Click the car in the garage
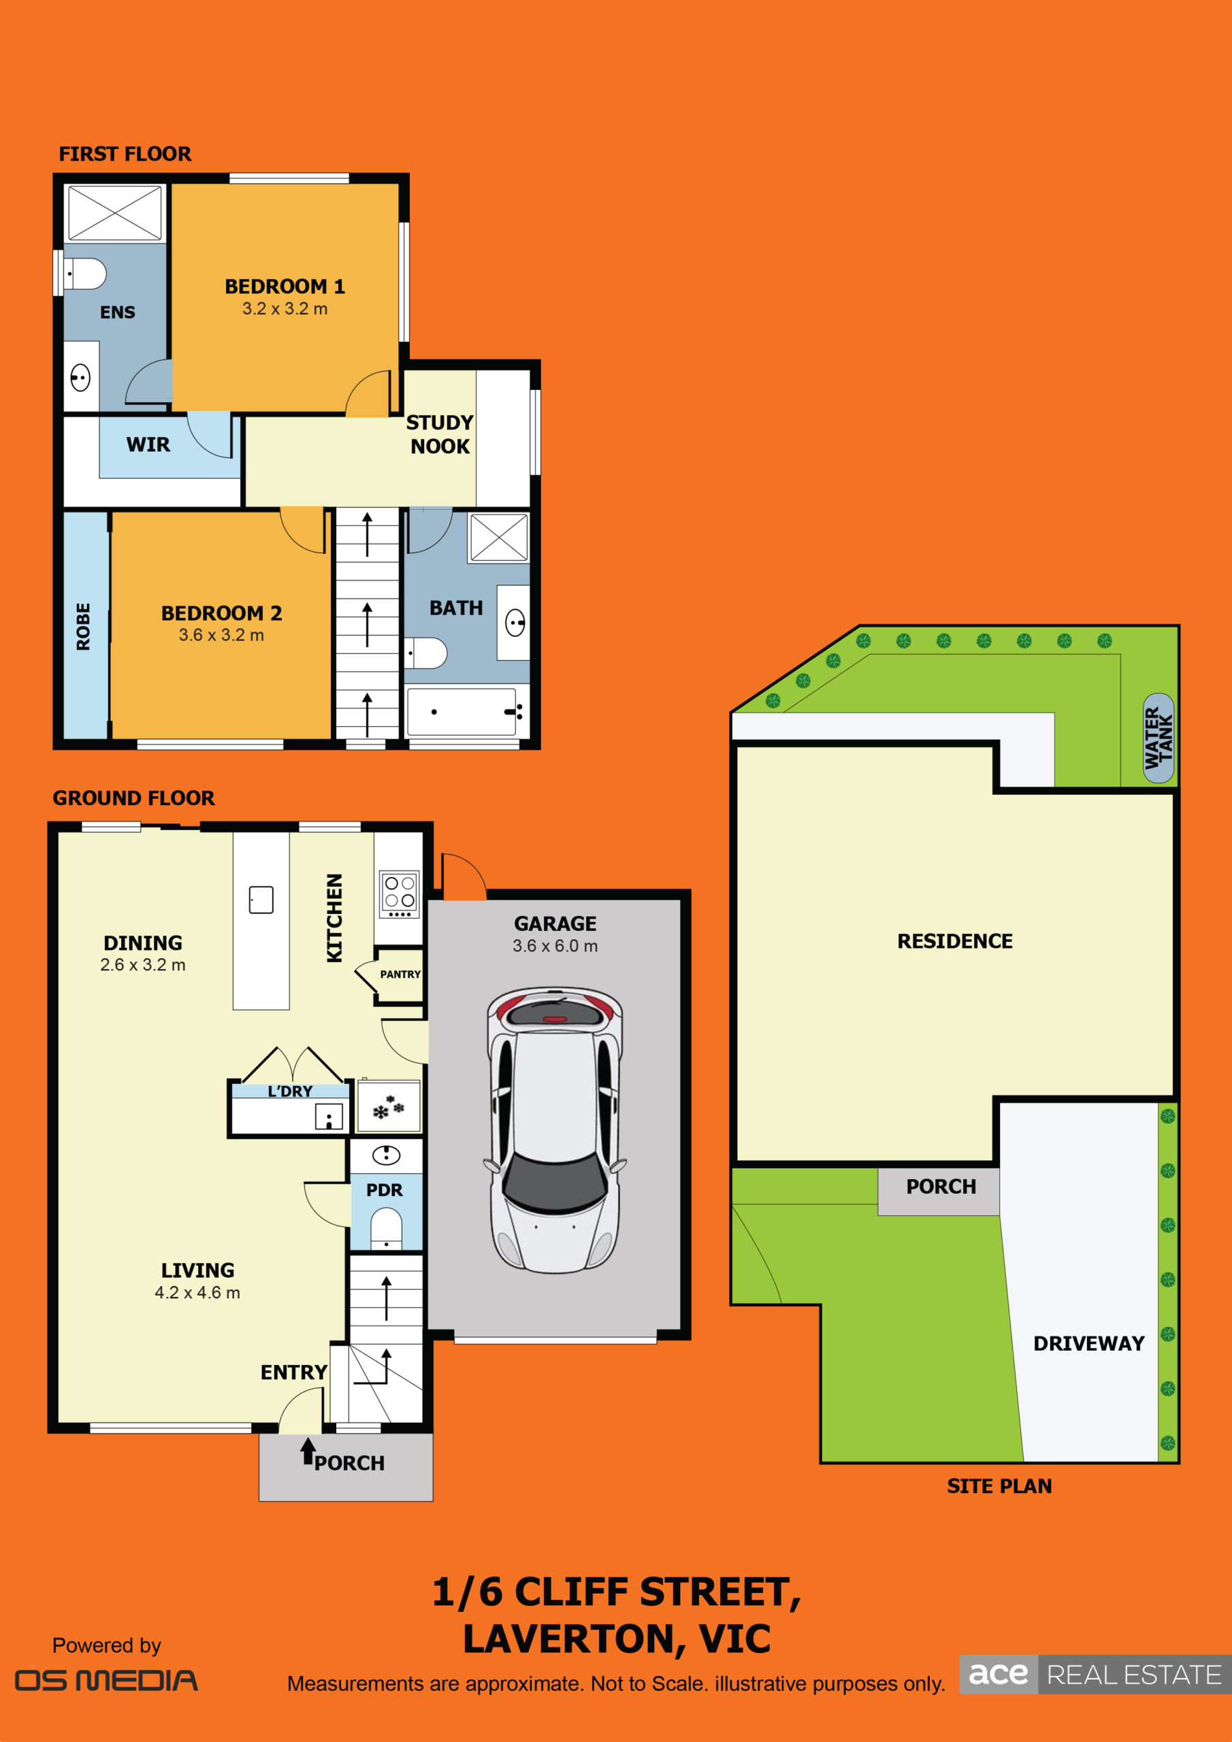click(555, 1130)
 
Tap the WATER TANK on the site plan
click(1158, 738)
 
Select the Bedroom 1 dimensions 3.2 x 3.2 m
click(285, 309)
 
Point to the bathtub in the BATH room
click(461, 711)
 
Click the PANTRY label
click(400, 974)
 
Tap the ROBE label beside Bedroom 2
click(84, 627)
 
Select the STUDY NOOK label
click(440, 434)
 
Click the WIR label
click(148, 444)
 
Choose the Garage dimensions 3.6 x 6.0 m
click(555, 946)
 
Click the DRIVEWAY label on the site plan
click(1088, 1344)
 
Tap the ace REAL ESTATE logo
click(1095, 1674)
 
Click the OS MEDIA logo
click(106, 1681)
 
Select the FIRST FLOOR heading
click(125, 154)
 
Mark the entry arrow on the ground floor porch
click(308, 1451)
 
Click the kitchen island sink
click(261, 900)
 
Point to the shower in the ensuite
click(114, 213)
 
